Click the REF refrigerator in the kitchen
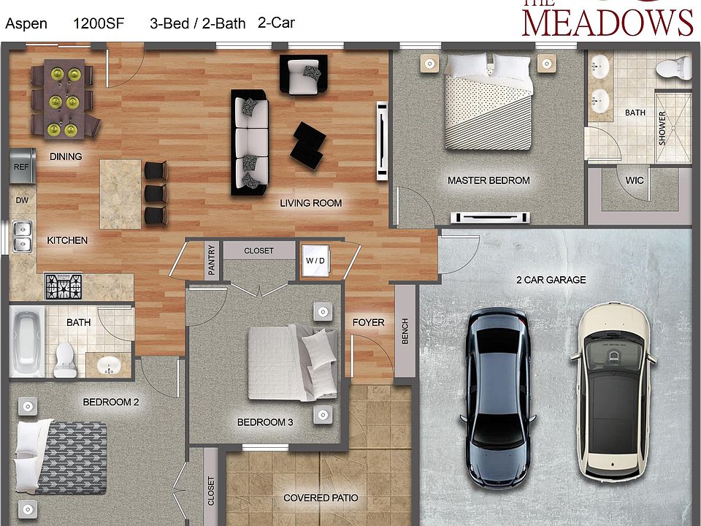(x=21, y=166)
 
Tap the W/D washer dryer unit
(x=315, y=261)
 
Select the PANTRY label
(x=212, y=260)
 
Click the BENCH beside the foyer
(x=405, y=332)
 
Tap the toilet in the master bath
(x=671, y=69)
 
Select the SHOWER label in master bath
(x=662, y=128)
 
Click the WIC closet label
(x=635, y=180)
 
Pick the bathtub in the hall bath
(x=26, y=342)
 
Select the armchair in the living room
(x=302, y=75)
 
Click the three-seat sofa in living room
(x=250, y=142)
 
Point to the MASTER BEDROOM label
(x=489, y=180)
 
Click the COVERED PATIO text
(x=321, y=498)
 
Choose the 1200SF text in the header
(x=99, y=23)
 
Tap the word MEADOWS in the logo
(x=608, y=22)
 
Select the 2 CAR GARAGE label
(x=551, y=280)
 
